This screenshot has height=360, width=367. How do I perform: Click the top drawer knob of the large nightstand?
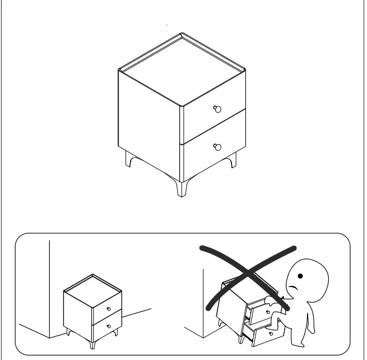pos(218,109)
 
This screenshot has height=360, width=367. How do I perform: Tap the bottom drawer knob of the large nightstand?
pos(218,147)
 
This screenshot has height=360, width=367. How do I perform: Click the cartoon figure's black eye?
pos(301,276)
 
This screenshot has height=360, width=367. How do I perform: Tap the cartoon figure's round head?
pos(305,278)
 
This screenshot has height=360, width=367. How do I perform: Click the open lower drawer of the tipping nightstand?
pos(268,334)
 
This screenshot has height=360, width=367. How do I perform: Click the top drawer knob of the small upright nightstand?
pos(108,308)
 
